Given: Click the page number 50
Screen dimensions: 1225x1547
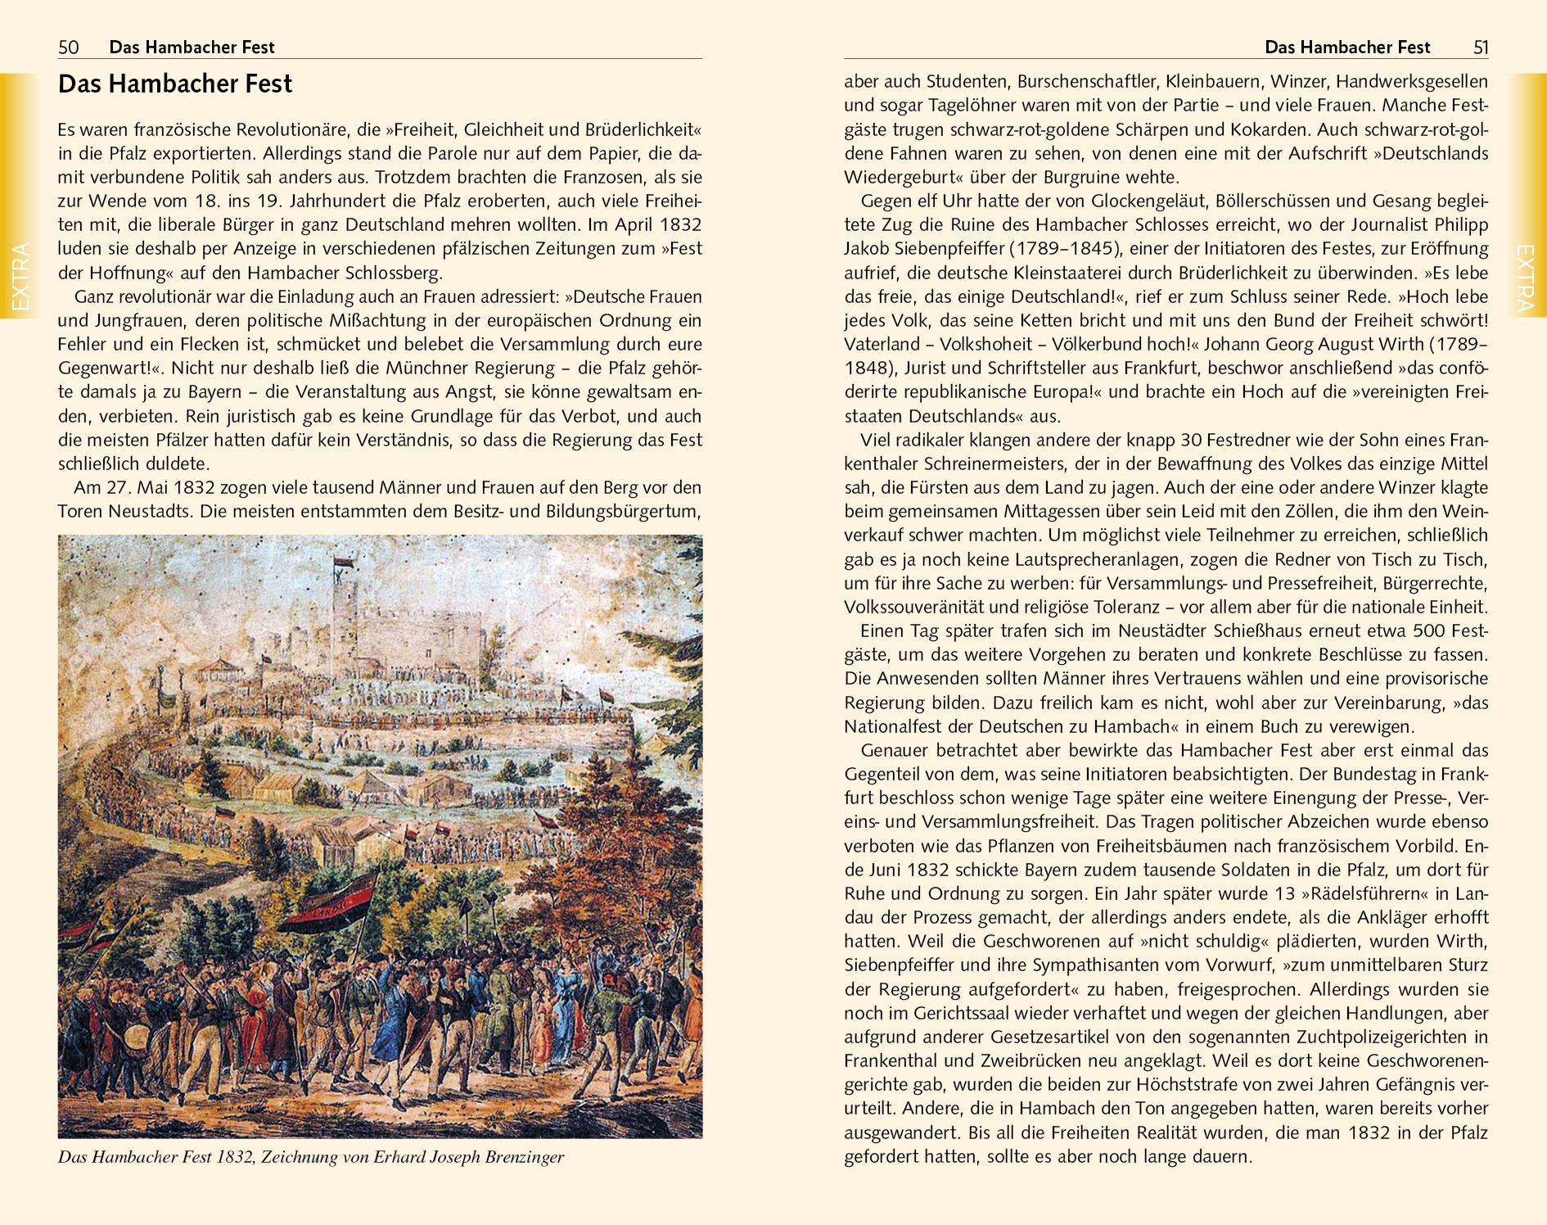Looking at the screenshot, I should [x=69, y=47].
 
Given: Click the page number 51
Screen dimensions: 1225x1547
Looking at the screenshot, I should [x=1481, y=47].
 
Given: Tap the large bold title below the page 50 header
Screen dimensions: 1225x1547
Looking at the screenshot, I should [x=175, y=84].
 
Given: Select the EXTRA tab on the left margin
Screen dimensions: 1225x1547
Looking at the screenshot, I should [x=19, y=277].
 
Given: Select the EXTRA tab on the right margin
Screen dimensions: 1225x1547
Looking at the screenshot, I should [x=1526, y=277].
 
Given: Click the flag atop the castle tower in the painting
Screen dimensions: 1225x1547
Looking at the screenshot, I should [x=343, y=563].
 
